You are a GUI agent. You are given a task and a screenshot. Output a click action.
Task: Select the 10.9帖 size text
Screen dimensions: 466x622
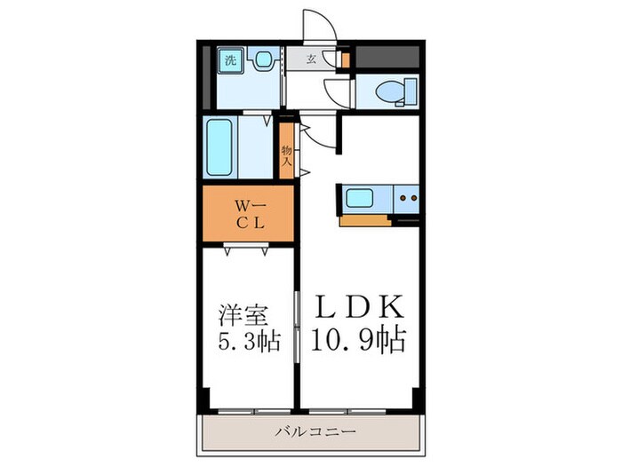[x=359, y=340]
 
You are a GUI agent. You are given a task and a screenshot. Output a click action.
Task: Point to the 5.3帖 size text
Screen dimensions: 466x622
[x=243, y=342]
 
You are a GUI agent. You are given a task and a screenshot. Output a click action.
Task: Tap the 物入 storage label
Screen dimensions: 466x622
[x=287, y=156]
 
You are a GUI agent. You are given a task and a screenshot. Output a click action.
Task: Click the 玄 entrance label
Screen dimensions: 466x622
[x=312, y=59]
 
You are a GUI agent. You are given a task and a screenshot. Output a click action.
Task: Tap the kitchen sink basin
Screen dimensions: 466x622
[x=359, y=198]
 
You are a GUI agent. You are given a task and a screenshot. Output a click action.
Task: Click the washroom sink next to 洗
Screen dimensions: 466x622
[x=262, y=61]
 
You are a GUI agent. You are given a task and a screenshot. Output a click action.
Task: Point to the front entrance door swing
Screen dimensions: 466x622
[x=317, y=25]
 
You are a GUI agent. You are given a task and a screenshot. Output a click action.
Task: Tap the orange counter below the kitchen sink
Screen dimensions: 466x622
[x=364, y=220]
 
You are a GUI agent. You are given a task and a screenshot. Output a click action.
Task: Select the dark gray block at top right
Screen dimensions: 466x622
[x=387, y=56]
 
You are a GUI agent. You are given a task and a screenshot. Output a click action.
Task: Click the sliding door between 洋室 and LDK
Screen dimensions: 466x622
[x=296, y=328]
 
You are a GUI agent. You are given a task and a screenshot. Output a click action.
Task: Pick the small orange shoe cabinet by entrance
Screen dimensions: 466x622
[x=346, y=61]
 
